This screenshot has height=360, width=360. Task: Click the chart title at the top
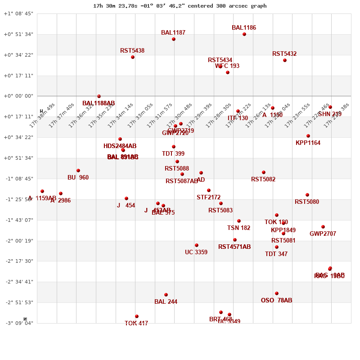click(180, 6)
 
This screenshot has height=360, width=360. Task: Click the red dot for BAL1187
click(174, 39)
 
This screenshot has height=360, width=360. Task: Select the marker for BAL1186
click(244, 34)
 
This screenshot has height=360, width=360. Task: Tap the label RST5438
click(132, 51)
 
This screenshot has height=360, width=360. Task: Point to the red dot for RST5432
click(285, 60)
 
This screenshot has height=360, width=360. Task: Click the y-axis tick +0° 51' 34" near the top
click(18, 34)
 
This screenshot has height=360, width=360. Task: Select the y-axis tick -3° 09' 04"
click(18, 323)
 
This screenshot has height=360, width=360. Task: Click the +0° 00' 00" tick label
click(18, 96)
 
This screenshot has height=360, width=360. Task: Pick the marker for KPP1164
click(308, 136)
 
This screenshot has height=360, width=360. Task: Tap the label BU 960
click(78, 178)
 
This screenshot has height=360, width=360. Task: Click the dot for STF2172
click(209, 190)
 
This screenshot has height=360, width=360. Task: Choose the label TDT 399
click(173, 154)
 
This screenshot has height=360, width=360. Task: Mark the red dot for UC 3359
click(197, 245)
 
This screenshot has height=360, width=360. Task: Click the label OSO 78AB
click(276, 301)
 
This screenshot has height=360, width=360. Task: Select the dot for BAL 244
click(166, 295)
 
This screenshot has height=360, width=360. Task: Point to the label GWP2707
click(323, 234)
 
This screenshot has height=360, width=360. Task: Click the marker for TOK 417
click(137, 316)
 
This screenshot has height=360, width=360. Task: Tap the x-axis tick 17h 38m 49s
click(42, 115)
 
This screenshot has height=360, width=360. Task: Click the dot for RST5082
click(264, 172)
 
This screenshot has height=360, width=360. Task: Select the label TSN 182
click(238, 228)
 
